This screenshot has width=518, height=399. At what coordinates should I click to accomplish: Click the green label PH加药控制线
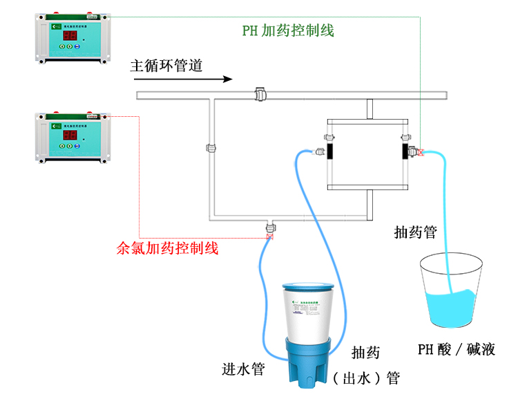288,30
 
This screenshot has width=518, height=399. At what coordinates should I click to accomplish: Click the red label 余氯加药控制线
168,248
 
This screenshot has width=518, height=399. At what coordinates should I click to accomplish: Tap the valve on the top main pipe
261,93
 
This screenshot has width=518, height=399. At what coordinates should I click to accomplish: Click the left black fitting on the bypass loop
329,149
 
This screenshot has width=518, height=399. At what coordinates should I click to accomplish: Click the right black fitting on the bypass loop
404,149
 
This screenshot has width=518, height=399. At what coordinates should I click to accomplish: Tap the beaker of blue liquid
452,290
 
